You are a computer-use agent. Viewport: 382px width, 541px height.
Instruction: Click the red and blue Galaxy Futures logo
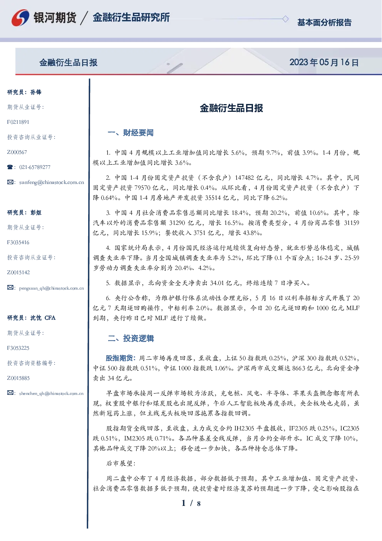tap(20, 18)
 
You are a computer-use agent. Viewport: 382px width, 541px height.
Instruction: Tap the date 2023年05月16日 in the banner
tap(324, 62)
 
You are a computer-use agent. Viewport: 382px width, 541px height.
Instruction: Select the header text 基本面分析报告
tap(324, 22)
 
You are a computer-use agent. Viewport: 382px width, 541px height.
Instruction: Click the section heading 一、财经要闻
tap(131, 133)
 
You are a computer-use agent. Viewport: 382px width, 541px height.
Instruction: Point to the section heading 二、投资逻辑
tap(131, 338)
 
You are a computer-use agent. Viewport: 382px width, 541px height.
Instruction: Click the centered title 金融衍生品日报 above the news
tap(231, 108)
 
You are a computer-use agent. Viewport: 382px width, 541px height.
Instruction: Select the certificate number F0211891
tap(18, 122)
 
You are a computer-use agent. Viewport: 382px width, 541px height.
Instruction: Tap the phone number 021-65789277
tap(35, 167)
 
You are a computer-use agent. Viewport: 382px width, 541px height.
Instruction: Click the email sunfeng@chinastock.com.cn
tap(52, 182)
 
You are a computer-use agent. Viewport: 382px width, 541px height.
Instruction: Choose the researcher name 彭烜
tap(36, 212)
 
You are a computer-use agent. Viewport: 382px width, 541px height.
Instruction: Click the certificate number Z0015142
tap(18, 273)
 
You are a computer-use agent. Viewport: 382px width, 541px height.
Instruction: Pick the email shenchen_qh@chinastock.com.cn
tap(51, 393)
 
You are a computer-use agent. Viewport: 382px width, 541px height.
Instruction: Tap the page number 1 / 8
tap(191, 503)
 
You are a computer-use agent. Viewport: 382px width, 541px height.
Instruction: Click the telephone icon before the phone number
tap(10, 167)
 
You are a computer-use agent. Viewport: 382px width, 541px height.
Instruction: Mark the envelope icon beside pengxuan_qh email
tap(10, 287)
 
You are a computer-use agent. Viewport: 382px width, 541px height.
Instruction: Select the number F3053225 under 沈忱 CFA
tap(18, 348)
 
